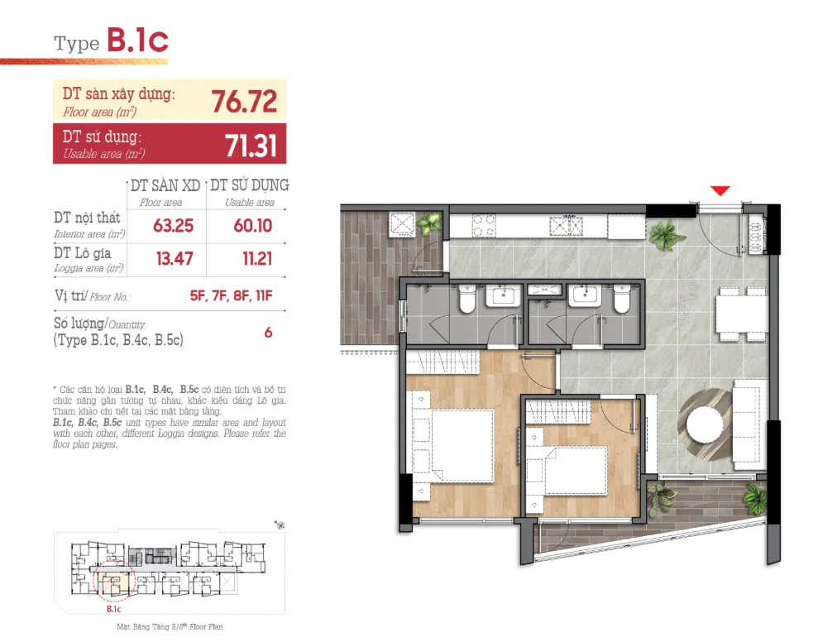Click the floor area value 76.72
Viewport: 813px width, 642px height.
point(244,101)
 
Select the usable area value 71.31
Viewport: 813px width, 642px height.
point(251,146)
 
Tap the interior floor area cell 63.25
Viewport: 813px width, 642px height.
point(173,226)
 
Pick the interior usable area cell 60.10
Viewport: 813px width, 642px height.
point(252,226)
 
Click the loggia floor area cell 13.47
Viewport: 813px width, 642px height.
point(175,258)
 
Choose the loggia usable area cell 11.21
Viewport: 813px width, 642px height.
point(257,258)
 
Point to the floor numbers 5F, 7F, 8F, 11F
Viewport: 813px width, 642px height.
point(231,295)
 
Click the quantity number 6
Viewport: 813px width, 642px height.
point(268,333)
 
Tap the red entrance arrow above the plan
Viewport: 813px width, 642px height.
point(720,191)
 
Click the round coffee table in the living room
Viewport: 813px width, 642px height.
point(705,424)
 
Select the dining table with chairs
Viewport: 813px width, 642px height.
point(741,313)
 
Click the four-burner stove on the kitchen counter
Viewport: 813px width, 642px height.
point(483,226)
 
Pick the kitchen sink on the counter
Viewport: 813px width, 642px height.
point(567,226)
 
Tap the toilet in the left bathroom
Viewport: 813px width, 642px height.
point(467,299)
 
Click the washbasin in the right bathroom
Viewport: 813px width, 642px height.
point(585,295)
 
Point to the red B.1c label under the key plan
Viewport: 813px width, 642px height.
point(114,609)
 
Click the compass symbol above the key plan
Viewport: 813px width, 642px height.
point(280,525)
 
